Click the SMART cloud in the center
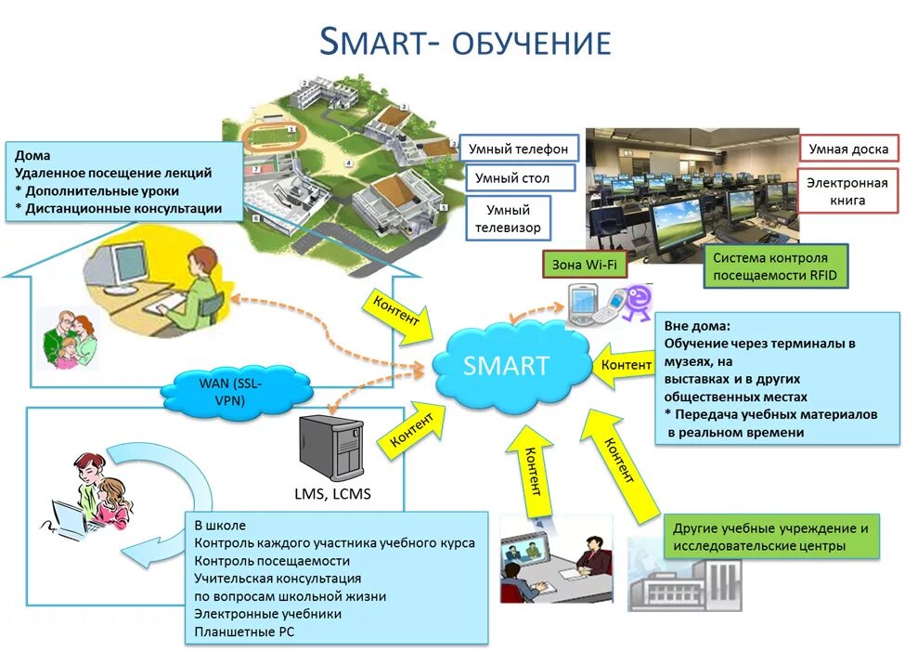tap(507, 364)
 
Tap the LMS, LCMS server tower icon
tap(330, 449)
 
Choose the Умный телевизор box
tap(508, 218)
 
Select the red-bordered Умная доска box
tap(848, 149)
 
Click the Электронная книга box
tap(848, 190)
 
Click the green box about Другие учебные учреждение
tap(770, 537)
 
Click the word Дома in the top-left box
tap(32, 155)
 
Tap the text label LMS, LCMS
tap(330, 494)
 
